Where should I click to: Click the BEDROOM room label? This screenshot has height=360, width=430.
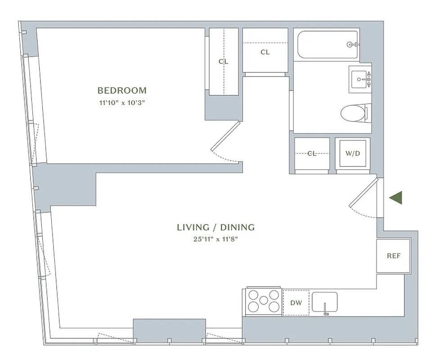click(122, 90)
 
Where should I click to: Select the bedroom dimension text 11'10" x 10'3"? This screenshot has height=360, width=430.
click(122, 103)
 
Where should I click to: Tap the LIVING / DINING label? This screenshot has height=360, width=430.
click(215, 227)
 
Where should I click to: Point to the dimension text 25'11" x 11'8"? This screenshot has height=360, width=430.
click(215, 239)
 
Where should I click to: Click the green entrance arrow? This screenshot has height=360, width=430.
click(395, 198)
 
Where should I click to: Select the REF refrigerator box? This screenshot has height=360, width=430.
click(393, 256)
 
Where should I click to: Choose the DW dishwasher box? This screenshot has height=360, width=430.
click(296, 303)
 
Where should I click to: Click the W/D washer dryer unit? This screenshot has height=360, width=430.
click(353, 154)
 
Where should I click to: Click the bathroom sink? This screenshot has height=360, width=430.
click(360, 79)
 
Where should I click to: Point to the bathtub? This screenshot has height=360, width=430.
click(327, 45)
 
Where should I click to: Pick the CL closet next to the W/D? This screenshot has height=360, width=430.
click(312, 154)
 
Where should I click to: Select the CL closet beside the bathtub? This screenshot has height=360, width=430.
click(265, 52)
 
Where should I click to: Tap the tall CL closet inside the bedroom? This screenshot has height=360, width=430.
click(224, 62)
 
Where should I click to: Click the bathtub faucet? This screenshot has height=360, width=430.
click(351, 45)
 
